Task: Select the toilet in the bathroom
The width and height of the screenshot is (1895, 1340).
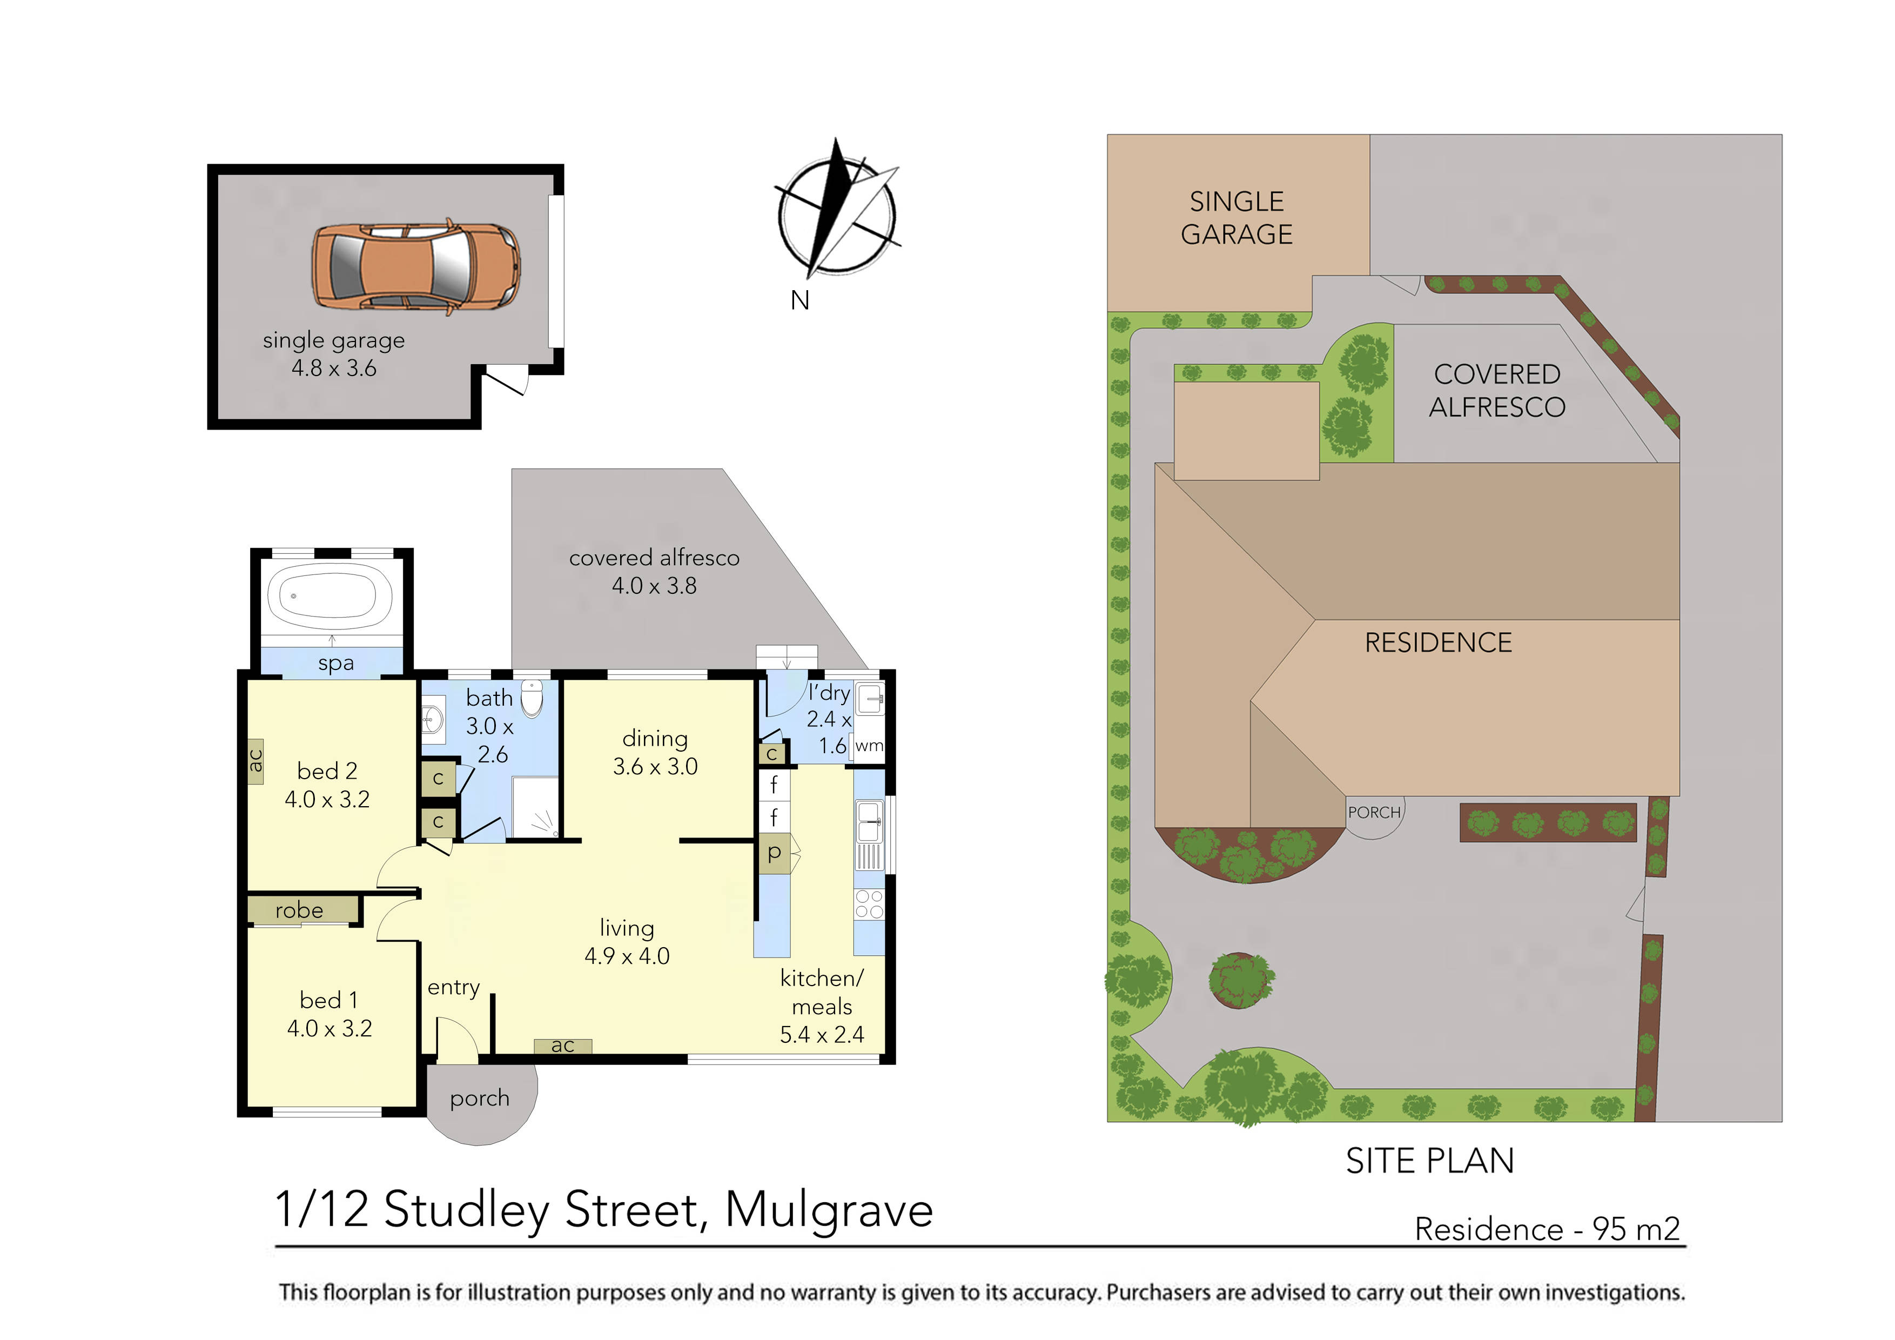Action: (x=532, y=699)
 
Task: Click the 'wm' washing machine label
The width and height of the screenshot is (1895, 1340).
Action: (x=869, y=746)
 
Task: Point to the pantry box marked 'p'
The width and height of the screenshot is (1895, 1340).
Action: (x=774, y=853)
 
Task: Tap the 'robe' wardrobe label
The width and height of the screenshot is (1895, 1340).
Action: (x=299, y=910)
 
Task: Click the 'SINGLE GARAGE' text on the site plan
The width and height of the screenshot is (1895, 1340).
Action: (x=1237, y=218)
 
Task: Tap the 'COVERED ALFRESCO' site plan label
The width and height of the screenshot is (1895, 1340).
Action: (x=1496, y=391)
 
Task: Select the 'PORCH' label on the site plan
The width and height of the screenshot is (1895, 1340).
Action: (x=1374, y=813)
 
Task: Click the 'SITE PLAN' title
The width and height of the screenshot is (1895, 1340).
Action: (x=1429, y=1161)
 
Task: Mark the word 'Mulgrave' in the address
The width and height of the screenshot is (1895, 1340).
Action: (x=829, y=1210)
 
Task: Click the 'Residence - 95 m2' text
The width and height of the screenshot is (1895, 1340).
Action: (x=1547, y=1229)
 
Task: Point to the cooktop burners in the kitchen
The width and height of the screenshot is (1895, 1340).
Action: (x=869, y=903)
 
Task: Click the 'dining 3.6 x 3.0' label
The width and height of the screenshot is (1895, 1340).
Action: (x=655, y=752)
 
